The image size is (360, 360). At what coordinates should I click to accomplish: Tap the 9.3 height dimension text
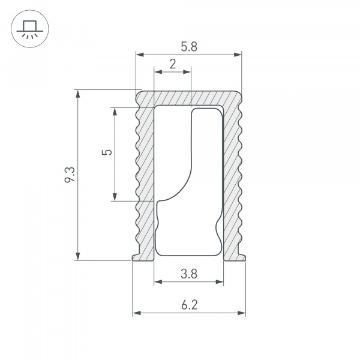tap(70, 175)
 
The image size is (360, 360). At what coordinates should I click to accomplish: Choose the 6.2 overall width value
tap(188, 305)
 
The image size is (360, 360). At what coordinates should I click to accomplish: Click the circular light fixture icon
tap(28, 28)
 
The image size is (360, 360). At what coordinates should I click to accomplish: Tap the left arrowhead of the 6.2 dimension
tap(136, 313)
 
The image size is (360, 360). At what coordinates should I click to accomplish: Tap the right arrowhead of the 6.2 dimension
tap(242, 313)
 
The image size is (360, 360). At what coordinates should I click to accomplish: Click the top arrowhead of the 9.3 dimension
tap(77, 94)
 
